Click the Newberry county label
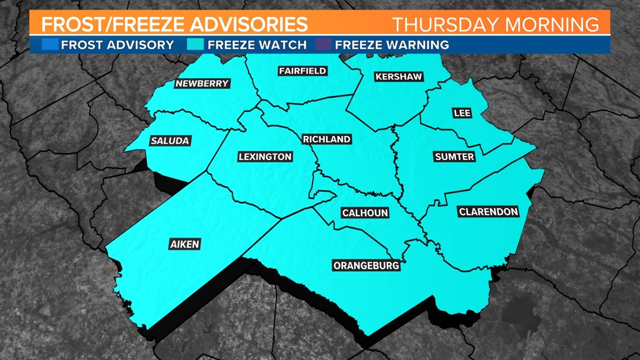pyautogui.click(x=202, y=84)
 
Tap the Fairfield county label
pyautogui.click(x=303, y=71)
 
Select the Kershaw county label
pyautogui.click(x=399, y=76)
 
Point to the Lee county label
pyautogui.click(x=462, y=113)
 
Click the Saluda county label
pyautogui.click(x=170, y=141)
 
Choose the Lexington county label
pyautogui.click(x=265, y=157)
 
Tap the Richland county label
pyautogui.click(x=326, y=139)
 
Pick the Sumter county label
pyautogui.click(x=455, y=157)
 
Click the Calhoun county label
pyautogui.click(x=365, y=213)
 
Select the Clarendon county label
pyautogui.click(x=488, y=212)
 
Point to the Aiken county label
pyautogui.click(x=185, y=244)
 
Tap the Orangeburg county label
pyautogui.click(x=366, y=265)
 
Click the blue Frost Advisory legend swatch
pyautogui.click(x=50, y=44)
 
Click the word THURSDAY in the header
pyautogui.click(x=445, y=25)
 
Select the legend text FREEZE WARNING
pyautogui.click(x=392, y=45)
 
